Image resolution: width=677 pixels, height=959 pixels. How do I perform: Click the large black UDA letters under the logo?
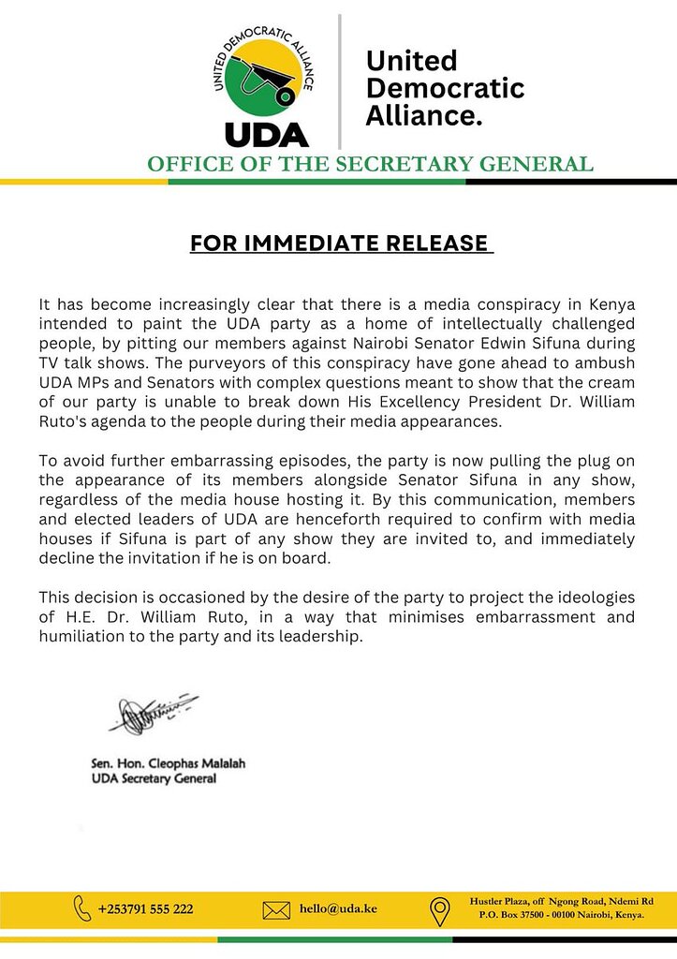(265, 132)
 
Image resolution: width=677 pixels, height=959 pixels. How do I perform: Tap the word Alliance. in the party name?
(424, 115)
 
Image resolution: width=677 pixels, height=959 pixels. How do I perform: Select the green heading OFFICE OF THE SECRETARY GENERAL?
(370, 164)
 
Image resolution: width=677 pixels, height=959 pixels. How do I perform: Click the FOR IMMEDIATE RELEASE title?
(339, 243)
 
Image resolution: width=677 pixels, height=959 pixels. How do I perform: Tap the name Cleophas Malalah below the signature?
(196, 764)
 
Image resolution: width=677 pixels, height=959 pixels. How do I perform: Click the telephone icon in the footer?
(82, 908)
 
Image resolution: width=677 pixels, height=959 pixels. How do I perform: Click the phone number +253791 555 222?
(146, 909)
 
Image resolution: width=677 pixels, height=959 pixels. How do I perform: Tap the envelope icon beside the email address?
(276, 909)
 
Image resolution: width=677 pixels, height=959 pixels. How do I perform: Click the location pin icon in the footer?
(438, 909)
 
